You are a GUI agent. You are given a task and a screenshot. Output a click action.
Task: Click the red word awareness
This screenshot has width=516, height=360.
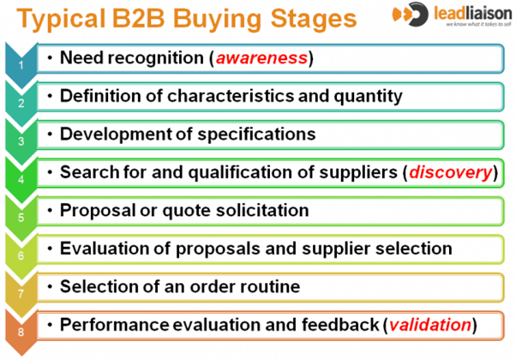[x=261, y=58]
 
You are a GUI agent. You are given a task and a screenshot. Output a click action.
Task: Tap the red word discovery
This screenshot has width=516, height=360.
[x=451, y=172]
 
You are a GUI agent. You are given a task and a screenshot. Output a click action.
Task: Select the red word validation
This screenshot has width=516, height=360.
[x=430, y=325]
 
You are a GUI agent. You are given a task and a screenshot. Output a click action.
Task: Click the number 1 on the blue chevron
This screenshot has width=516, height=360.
[x=21, y=65]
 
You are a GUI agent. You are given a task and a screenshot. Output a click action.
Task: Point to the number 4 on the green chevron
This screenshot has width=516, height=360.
[x=21, y=179]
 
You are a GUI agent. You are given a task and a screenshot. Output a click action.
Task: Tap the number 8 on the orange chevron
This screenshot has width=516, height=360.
[x=21, y=332]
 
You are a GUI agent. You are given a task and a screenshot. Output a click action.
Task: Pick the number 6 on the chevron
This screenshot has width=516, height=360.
[x=21, y=255]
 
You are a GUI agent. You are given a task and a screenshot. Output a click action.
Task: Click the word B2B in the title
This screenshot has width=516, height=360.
[x=138, y=18]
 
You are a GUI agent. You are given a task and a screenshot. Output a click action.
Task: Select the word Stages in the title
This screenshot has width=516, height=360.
[x=314, y=19]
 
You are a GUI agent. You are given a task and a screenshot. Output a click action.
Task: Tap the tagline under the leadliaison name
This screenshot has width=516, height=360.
[x=478, y=24]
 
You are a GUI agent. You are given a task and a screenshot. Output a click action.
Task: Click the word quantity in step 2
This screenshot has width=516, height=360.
[x=368, y=96]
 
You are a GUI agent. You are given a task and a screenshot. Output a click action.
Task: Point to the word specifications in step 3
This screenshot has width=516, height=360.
[x=256, y=135]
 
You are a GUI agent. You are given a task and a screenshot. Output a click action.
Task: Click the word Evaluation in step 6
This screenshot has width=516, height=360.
[x=105, y=249]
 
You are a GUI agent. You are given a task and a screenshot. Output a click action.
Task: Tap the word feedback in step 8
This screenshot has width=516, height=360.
[x=340, y=325]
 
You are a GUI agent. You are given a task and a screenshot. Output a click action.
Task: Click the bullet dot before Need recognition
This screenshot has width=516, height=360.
[x=50, y=58]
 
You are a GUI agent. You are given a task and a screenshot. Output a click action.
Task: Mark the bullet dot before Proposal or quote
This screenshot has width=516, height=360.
[x=50, y=211]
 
